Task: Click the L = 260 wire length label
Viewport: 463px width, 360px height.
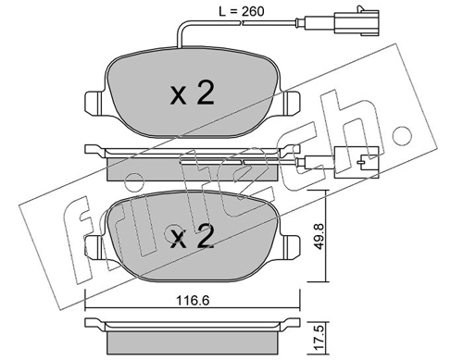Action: (242, 12)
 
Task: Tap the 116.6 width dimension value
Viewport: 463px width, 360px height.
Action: (193, 300)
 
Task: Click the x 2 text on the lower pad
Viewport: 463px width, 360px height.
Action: (193, 236)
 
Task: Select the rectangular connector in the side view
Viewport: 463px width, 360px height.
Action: (357, 162)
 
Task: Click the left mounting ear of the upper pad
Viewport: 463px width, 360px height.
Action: (95, 103)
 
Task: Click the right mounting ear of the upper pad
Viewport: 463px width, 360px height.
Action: (290, 103)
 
